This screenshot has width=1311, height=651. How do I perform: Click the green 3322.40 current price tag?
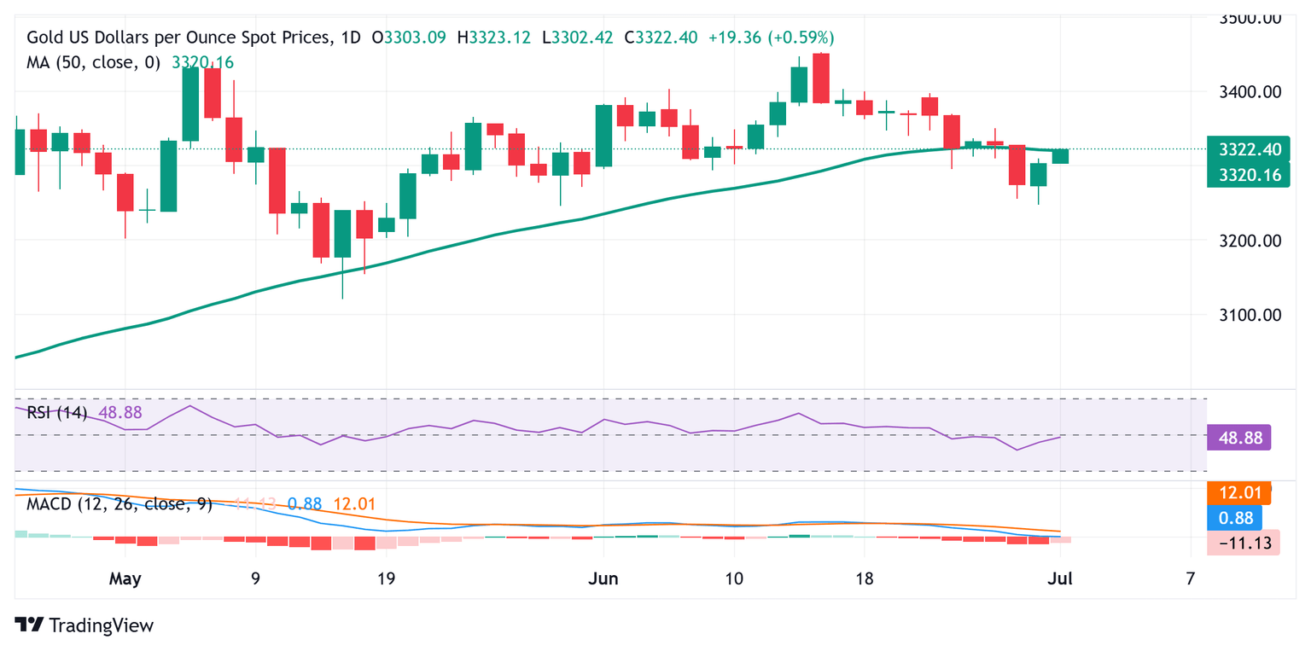click(1249, 149)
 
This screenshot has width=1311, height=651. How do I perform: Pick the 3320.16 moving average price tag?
click(1249, 175)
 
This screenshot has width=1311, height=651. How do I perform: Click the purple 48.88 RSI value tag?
click(1239, 438)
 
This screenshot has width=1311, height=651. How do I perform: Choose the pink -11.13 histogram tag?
click(1244, 542)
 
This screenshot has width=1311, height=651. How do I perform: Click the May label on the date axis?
click(125, 578)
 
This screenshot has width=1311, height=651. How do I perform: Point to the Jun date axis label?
click(603, 578)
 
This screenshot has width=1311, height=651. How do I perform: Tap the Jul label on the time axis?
click(1060, 578)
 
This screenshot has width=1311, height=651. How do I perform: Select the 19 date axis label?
click(386, 578)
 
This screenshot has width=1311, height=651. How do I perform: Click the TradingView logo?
click(84, 625)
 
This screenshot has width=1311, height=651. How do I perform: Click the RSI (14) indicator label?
click(57, 413)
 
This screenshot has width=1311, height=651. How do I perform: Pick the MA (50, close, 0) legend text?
click(94, 62)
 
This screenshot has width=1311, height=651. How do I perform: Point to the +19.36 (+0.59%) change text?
click(771, 38)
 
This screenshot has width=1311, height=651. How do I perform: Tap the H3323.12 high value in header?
click(493, 38)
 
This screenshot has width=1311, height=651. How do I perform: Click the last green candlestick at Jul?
click(1060, 156)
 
